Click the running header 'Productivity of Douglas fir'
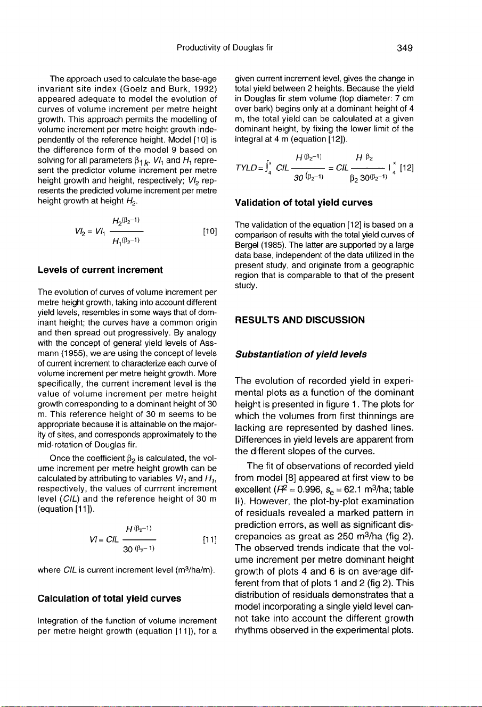[x=225, y=48]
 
